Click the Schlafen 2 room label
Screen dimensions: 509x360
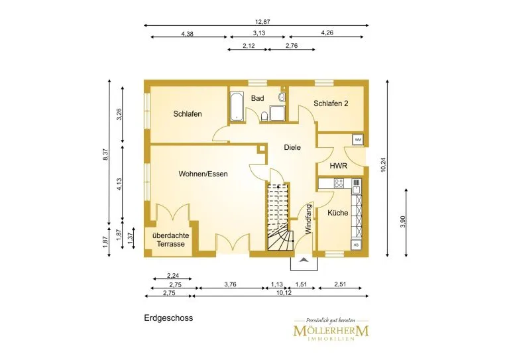tap(331, 103)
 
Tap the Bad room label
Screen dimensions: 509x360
tap(257, 98)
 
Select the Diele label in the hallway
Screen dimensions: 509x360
tap(292, 147)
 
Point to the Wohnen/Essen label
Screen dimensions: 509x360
tap(203, 174)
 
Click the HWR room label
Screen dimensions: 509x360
tap(339, 166)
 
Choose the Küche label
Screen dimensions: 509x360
tap(337, 213)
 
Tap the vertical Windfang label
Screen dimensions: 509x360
tap(308, 219)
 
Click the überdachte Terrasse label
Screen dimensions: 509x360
tap(171, 240)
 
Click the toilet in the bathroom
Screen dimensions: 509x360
tap(264, 116)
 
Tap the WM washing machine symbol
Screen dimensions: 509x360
tap(358, 140)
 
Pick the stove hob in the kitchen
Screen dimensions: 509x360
tap(339, 183)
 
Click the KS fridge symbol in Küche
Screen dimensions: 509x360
tap(356, 245)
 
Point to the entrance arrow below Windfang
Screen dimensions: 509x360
tap(304, 259)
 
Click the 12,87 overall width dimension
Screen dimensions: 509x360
tap(262, 22)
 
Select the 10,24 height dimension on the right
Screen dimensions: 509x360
tap(383, 164)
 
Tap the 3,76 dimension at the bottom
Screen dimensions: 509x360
tap(230, 284)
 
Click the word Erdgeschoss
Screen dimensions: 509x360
tap(168, 318)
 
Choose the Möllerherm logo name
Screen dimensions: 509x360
tap(331, 331)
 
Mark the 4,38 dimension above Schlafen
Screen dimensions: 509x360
tap(188, 34)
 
